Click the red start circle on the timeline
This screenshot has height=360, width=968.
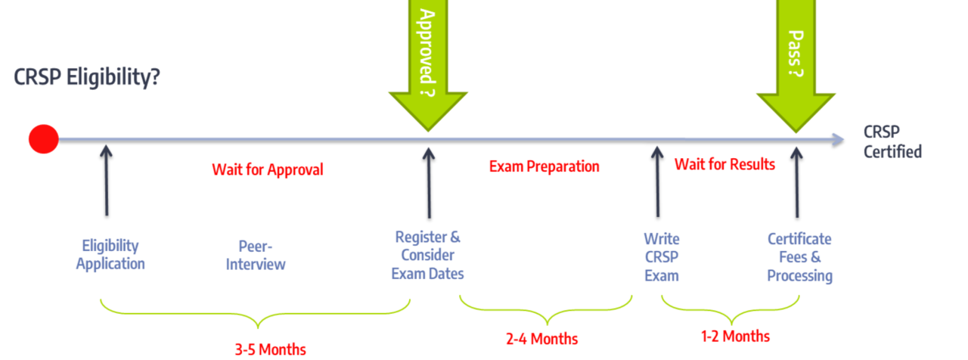tap(43, 139)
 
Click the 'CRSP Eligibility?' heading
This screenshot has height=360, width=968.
tap(86, 77)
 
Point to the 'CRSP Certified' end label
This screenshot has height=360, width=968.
tap(892, 141)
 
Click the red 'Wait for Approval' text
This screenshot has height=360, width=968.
tap(267, 169)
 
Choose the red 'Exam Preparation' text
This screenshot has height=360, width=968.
tap(544, 166)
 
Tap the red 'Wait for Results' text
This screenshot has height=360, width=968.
tap(724, 164)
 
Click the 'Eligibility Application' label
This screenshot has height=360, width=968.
tap(110, 255)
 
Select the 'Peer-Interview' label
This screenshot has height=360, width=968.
tap(256, 256)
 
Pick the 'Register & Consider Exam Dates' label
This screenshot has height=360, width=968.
tap(428, 255)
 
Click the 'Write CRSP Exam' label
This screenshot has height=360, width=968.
tap(661, 256)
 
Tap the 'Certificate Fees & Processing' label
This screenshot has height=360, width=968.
tap(799, 257)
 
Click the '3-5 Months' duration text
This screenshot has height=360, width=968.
tap(270, 349)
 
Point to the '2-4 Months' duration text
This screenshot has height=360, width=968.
tap(541, 338)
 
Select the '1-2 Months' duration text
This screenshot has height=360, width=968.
tap(735, 336)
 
